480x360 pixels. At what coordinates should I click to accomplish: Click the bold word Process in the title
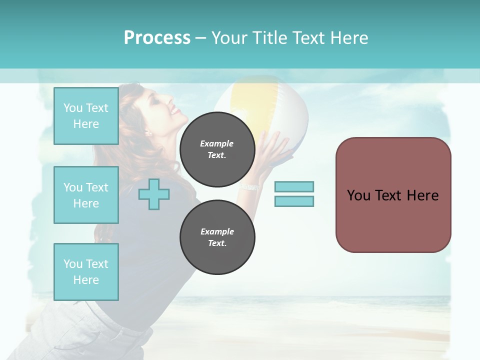click(x=157, y=38)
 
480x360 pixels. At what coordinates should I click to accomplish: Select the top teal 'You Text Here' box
click(x=86, y=116)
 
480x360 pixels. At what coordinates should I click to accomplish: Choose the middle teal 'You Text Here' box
click(x=86, y=195)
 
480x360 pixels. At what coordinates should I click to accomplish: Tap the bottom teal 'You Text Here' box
click(x=86, y=271)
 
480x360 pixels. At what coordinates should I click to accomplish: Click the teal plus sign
click(x=154, y=194)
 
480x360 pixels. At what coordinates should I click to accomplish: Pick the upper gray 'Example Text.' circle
click(x=217, y=149)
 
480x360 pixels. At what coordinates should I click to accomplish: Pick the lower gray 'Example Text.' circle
click(x=217, y=237)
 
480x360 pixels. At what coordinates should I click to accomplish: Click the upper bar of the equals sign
click(x=294, y=186)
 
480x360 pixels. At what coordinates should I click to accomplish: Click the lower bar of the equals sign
click(x=294, y=201)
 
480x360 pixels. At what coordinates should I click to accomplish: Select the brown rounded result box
click(x=393, y=195)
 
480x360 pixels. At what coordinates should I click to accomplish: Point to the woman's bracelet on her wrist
click(x=249, y=187)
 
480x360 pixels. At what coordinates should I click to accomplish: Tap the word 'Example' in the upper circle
click(x=217, y=143)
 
